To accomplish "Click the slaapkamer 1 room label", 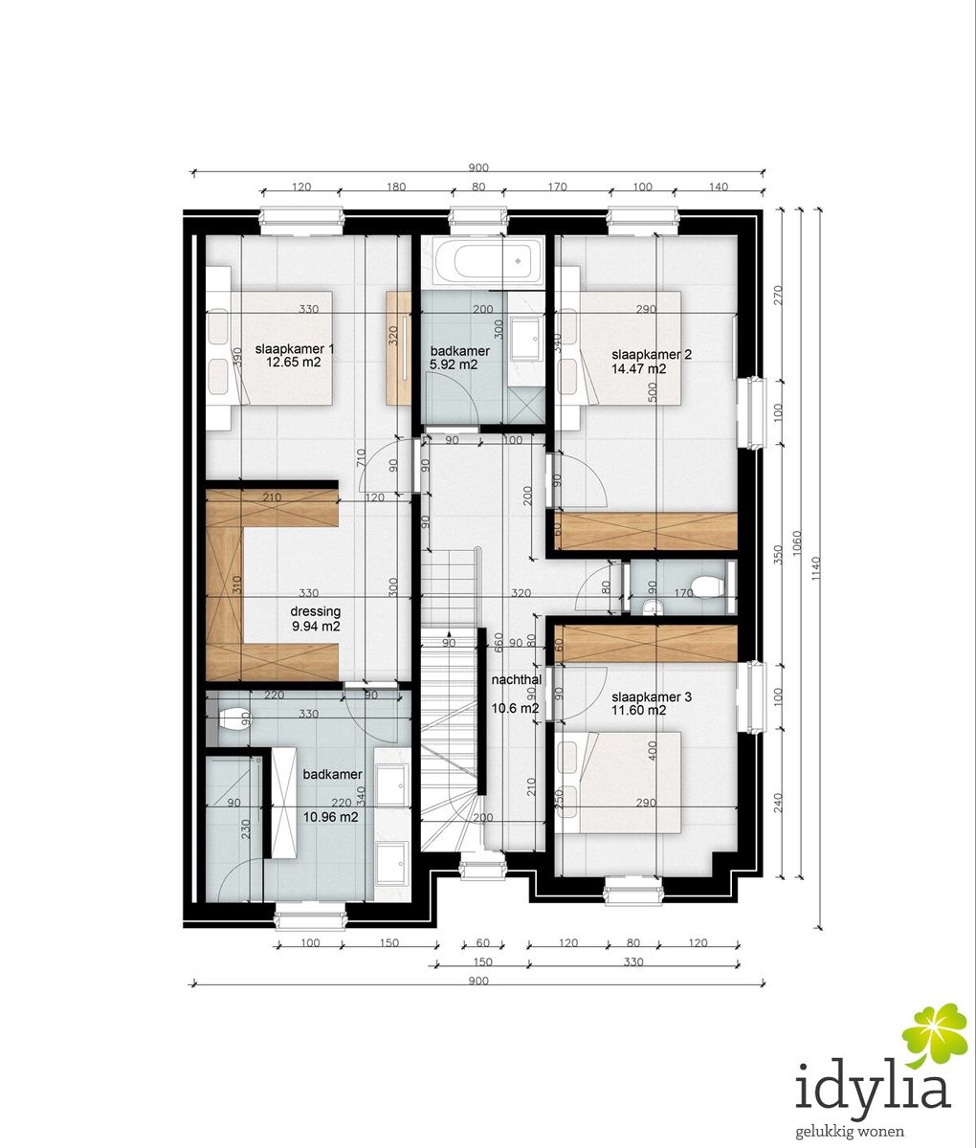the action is [295, 349].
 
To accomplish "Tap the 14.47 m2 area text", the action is [639, 368].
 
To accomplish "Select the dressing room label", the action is [316, 611].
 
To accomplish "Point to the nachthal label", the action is [517, 680].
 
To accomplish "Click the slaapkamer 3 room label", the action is [652, 697].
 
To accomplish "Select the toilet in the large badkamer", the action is [235, 718].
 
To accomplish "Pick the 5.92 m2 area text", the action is [454, 364].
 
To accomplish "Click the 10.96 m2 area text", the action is [330, 817].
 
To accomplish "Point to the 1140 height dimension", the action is [815, 568].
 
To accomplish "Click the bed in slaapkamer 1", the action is [269, 348].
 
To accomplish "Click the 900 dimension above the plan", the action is [478, 167].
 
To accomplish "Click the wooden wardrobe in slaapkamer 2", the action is [646, 532].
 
